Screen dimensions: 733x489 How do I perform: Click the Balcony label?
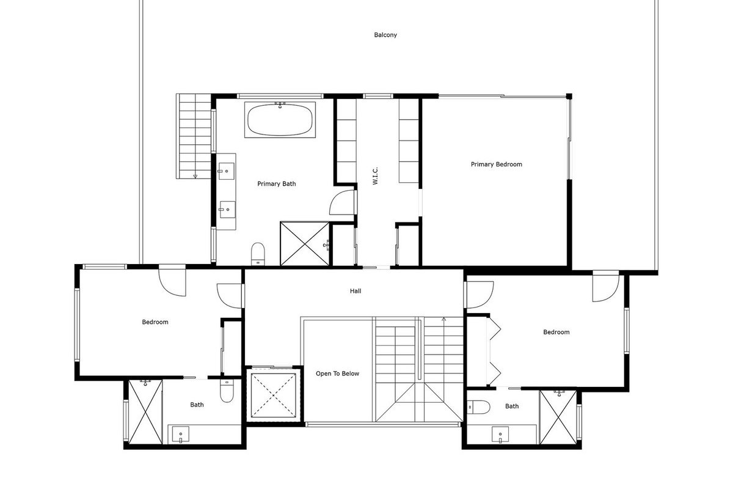tap(385, 35)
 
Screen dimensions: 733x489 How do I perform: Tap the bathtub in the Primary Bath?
tap(280, 120)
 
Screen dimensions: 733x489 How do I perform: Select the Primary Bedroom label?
tap(497, 164)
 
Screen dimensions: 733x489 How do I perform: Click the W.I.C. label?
tap(375, 176)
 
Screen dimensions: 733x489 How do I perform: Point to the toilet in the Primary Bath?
tap(258, 254)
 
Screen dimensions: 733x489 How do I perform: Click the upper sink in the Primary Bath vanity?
tap(227, 171)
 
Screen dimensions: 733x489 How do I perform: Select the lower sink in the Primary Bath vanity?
tap(227, 210)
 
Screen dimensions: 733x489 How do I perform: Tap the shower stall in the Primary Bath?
tap(305, 244)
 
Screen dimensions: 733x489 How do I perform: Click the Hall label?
tap(356, 291)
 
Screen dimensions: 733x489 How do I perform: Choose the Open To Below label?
tap(337, 373)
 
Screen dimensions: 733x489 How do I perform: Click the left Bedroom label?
tap(155, 322)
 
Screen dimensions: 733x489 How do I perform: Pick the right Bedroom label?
tap(556, 332)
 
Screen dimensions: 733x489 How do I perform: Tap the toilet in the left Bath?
tap(227, 391)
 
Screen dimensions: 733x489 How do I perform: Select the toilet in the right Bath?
tap(478, 407)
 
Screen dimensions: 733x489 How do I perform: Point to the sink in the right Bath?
tap(500, 435)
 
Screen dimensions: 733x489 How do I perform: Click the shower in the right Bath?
tap(558, 417)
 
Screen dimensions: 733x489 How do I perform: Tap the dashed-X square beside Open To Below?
tap(273, 395)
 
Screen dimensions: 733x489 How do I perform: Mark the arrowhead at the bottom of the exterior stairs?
tap(195, 177)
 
